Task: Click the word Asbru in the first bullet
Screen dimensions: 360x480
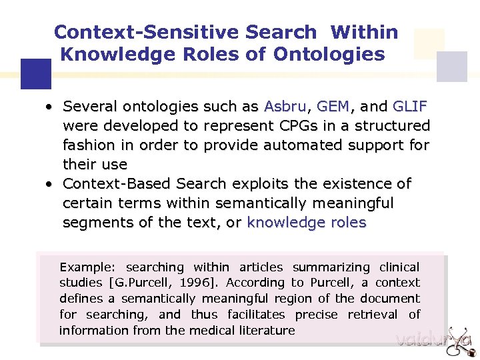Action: [x=285, y=107]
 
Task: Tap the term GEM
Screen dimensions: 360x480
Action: [x=333, y=107]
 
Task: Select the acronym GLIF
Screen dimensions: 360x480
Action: [x=410, y=107]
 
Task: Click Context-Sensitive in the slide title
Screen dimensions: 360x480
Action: [x=185, y=32]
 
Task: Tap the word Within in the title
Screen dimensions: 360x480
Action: [x=364, y=32]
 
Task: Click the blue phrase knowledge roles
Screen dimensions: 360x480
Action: [x=307, y=223]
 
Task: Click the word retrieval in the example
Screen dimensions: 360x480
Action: [x=368, y=315]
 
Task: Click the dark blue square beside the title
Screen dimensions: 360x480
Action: [x=36, y=74]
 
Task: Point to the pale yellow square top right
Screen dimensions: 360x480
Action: [x=429, y=43]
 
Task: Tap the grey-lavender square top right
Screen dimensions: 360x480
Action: [x=451, y=67]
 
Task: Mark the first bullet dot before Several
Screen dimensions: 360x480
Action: [x=49, y=107]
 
